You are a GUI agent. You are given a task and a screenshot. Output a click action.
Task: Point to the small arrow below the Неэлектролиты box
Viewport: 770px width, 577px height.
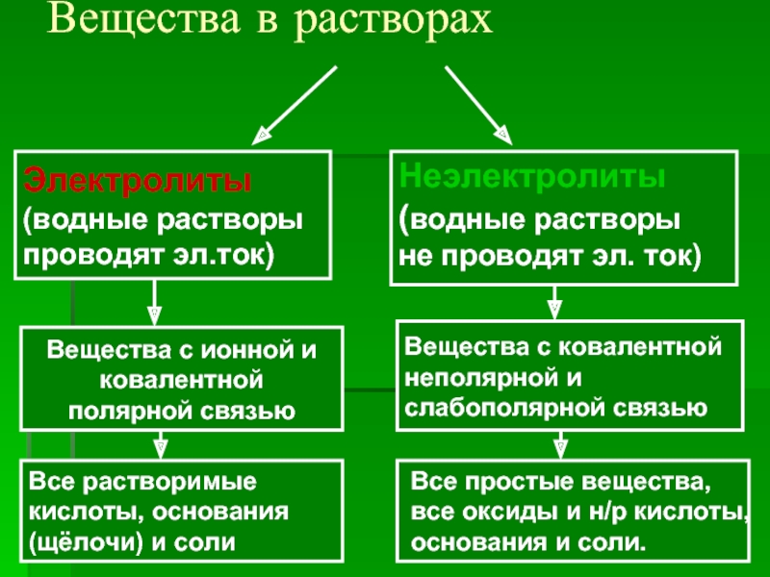point(554,302)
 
